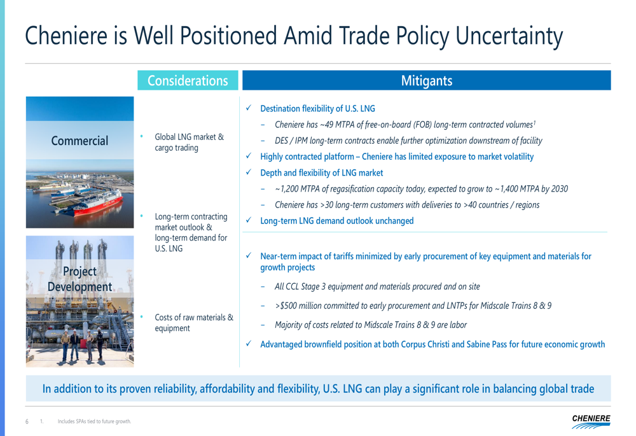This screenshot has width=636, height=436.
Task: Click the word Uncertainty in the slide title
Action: (x=509, y=36)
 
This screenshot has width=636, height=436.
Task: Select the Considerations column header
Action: (x=188, y=80)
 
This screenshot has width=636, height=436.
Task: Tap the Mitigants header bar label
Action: (x=427, y=80)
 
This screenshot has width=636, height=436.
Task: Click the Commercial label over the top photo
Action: (x=79, y=141)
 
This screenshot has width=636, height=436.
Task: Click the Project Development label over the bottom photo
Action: (x=80, y=279)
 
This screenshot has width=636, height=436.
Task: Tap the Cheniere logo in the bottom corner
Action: (x=591, y=421)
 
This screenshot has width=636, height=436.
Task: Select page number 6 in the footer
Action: (x=27, y=421)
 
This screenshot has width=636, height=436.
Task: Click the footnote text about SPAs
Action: (x=95, y=421)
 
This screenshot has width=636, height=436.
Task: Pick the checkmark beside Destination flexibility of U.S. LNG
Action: (x=249, y=108)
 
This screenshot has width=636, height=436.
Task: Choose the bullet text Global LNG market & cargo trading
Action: (x=189, y=142)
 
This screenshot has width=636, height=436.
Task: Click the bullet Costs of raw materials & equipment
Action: (x=194, y=323)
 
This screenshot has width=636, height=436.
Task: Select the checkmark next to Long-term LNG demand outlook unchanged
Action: (x=249, y=220)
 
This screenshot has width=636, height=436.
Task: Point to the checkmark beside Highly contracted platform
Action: (x=249, y=156)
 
